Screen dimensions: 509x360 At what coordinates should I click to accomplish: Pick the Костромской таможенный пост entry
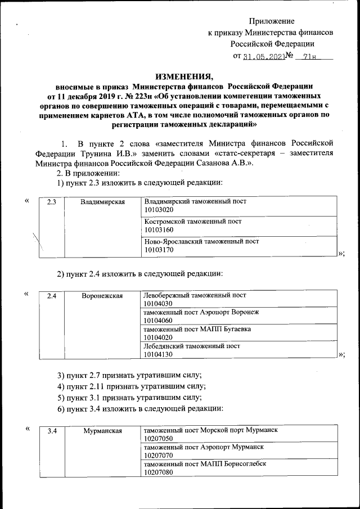click(193, 222)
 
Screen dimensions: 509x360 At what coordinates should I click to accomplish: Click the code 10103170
click(160, 250)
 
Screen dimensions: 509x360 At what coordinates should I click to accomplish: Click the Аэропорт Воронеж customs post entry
click(201, 312)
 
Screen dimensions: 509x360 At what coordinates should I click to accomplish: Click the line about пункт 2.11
click(132, 386)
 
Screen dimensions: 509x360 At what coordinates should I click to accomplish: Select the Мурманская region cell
click(102, 431)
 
